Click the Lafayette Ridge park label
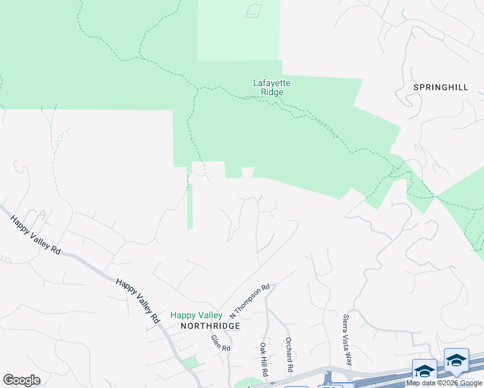(272, 87)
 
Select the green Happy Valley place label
(196, 316)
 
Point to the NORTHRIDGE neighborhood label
(210, 326)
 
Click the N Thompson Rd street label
(250, 301)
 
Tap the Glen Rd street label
(221, 343)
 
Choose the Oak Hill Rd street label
(263, 357)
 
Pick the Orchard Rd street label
(289, 354)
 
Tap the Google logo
(21, 380)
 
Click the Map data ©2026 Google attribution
(444, 383)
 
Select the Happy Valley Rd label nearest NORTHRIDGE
(137, 301)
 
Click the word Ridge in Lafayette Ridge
(272, 92)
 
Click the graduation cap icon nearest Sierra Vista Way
(424, 371)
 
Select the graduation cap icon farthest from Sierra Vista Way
(456, 360)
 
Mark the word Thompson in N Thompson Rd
(251, 300)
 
